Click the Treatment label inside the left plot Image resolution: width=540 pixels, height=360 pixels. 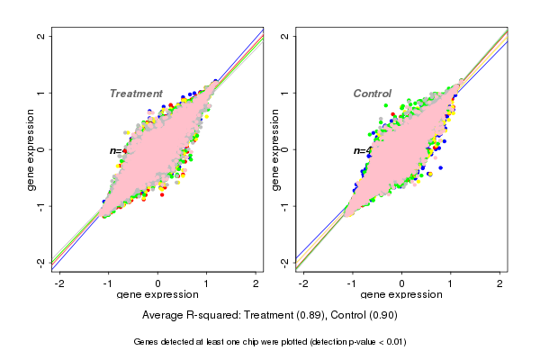click(136, 94)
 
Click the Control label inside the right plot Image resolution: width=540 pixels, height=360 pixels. click(372, 94)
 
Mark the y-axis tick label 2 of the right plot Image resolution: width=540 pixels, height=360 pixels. click(284, 37)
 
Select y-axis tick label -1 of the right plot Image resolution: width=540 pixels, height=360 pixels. click(284, 205)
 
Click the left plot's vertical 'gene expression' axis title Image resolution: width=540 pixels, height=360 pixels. click(31, 149)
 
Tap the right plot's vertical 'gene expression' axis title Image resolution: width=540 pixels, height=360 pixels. click(275, 149)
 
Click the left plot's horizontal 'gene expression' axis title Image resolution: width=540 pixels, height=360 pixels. click(157, 295)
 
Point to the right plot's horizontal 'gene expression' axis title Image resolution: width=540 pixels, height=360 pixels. click(401, 295)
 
